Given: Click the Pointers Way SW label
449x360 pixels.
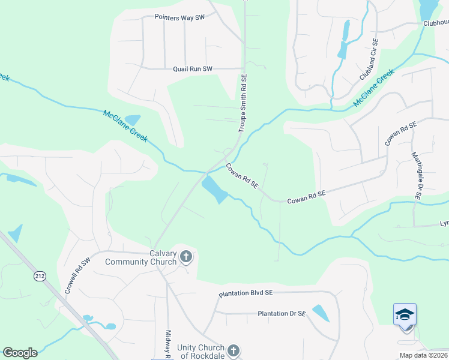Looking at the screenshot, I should (179, 18).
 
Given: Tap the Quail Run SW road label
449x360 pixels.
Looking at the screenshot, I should (193, 69).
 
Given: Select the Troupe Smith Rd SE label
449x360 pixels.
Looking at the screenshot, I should (243, 104).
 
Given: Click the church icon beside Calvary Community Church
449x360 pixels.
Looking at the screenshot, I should (186, 257).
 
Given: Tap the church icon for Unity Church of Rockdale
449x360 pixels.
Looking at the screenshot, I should (234, 351).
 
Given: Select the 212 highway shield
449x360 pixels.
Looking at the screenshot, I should (40, 276).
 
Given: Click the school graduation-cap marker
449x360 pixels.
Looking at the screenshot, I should (405, 315).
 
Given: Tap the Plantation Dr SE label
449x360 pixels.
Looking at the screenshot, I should (282, 314).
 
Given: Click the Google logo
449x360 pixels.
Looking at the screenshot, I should (20, 353).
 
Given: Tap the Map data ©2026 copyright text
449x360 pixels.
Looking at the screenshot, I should (423, 355).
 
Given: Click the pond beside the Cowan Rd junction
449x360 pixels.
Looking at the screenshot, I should (214, 190).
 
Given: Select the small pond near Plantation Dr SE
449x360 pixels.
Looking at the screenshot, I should (321, 313).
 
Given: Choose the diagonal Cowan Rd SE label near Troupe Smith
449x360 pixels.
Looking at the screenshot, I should (242, 176).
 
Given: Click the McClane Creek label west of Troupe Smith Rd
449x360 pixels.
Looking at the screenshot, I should (125, 125).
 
